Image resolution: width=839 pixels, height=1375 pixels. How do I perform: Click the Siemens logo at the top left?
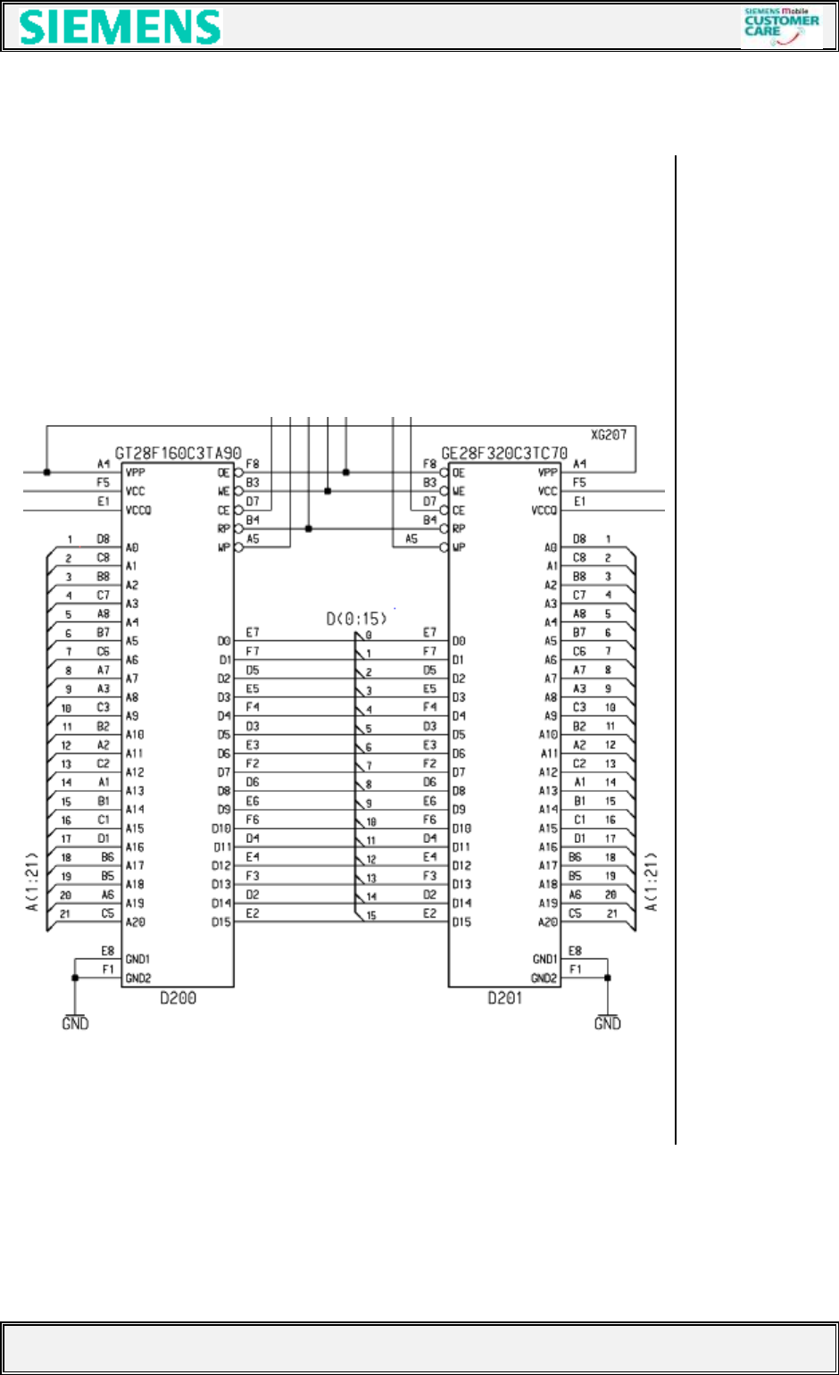pyautogui.click(x=120, y=28)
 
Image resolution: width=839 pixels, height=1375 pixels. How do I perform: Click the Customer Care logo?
pyautogui.click(x=781, y=27)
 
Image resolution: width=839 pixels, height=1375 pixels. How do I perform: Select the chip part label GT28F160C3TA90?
pyautogui.click(x=179, y=454)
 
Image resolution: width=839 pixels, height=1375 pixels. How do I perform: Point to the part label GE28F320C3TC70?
pyautogui.click(x=504, y=454)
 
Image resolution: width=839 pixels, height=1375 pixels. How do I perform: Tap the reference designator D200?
pyautogui.click(x=179, y=997)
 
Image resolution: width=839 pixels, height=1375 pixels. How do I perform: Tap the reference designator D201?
pyautogui.click(x=504, y=997)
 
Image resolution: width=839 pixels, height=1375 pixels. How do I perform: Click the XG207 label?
pyautogui.click(x=609, y=436)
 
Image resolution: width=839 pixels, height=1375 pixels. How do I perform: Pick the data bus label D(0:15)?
pyautogui.click(x=356, y=618)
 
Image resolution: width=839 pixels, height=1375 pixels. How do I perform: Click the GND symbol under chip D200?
pyautogui.click(x=75, y=1023)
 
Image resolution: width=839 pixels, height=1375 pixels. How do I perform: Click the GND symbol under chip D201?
pyautogui.click(x=607, y=1023)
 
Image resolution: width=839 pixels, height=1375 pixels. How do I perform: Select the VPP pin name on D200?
pyautogui.click(x=135, y=472)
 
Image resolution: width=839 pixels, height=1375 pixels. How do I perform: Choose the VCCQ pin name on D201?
pyautogui.click(x=544, y=511)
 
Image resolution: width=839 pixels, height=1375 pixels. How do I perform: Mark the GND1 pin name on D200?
pyautogui.click(x=137, y=960)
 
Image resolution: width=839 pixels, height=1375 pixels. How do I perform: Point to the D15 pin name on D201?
pyautogui.click(x=461, y=922)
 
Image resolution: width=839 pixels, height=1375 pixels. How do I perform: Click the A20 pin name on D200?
pyautogui.click(x=135, y=922)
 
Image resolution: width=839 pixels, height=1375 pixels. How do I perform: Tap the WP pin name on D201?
pyautogui.click(x=459, y=547)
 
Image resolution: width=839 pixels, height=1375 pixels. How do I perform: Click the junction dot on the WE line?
pyautogui.click(x=328, y=491)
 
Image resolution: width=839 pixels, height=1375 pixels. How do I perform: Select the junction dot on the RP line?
pyautogui.click(x=308, y=529)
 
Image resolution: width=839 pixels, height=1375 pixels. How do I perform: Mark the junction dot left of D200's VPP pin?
pyautogui.click(x=46, y=472)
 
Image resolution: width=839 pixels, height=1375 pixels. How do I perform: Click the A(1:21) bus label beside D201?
pyautogui.click(x=652, y=882)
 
